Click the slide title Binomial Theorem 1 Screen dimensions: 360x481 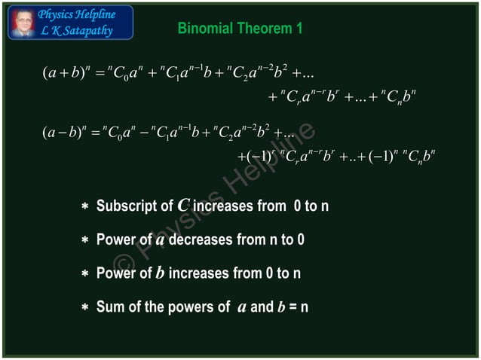click(x=240, y=29)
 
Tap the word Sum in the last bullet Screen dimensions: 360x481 click(x=110, y=307)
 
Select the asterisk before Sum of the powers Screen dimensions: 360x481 click(x=86, y=307)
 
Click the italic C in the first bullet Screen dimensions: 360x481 click(x=183, y=206)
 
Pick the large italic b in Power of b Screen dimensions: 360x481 click(x=159, y=272)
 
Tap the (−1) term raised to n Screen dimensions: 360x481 click(x=373, y=157)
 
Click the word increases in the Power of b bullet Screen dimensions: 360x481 click(x=197, y=273)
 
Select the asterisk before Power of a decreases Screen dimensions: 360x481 click(x=86, y=240)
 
